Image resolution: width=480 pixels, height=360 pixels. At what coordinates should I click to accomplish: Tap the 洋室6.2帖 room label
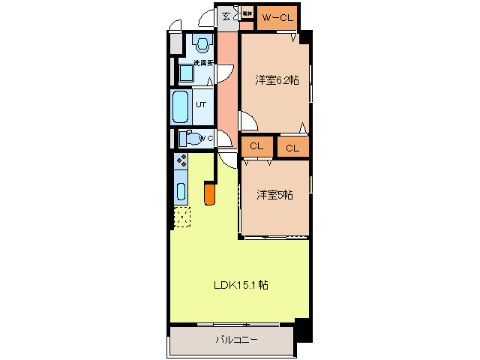coord(277,80)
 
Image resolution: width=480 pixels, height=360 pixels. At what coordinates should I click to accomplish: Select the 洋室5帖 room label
coord(274,195)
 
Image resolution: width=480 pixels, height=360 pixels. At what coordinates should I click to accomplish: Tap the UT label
coord(201,105)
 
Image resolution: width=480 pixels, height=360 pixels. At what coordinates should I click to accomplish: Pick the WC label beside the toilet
coord(205,138)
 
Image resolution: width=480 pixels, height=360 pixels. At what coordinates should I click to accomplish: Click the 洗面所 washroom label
coord(203,62)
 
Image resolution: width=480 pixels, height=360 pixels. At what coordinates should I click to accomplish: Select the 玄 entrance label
coord(225,16)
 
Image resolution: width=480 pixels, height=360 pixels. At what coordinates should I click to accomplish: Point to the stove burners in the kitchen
coord(181,160)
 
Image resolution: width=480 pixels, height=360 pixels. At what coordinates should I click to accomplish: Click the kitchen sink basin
coord(181,190)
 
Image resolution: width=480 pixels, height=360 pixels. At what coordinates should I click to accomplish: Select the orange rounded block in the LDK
coord(210,194)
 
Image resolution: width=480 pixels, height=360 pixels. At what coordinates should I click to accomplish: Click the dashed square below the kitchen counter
coord(181,217)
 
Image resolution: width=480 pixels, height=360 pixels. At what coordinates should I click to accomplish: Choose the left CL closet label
coord(256,146)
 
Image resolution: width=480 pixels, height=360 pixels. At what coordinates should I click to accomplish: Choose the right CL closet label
coord(292,147)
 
